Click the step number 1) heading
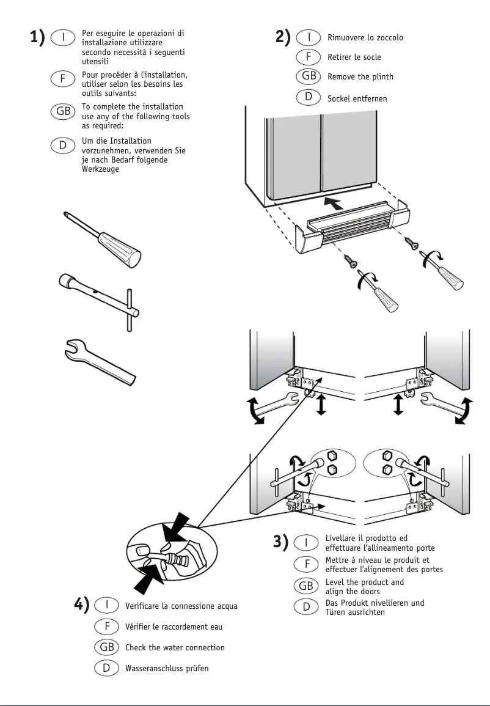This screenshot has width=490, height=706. click(x=38, y=38)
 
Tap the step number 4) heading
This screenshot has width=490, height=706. click(x=82, y=605)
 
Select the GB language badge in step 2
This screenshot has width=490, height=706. click(x=309, y=77)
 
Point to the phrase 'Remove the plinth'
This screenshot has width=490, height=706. click(x=360, y=77)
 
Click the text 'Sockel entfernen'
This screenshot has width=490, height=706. click(x=357, y=98)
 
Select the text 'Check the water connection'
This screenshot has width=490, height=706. click(x=175, y=647)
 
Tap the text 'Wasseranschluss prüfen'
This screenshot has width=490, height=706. click(x=167, y=668)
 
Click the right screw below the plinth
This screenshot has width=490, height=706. click(x=412, y=242)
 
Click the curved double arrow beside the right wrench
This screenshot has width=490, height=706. click(x=466, y=410)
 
